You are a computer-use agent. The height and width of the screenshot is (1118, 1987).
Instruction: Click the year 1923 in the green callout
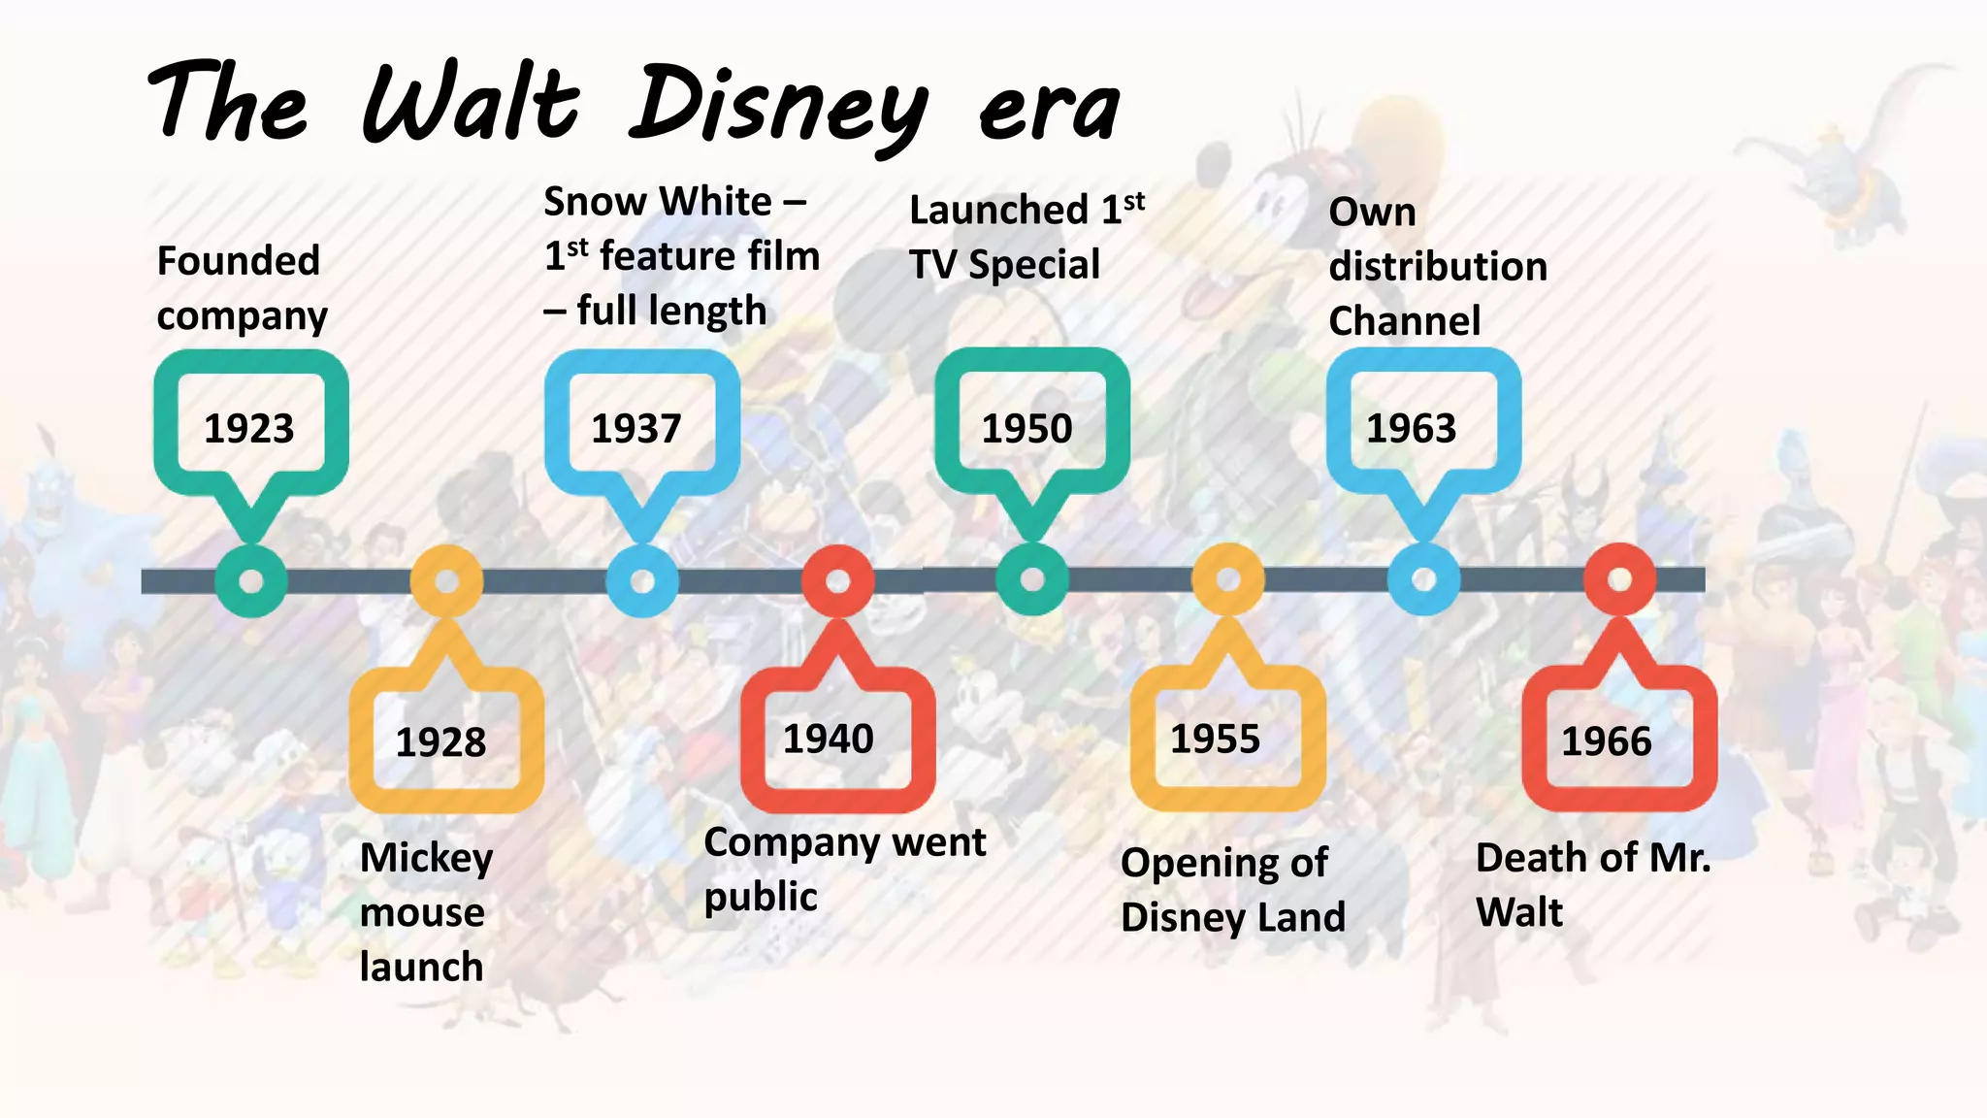coord(248,428)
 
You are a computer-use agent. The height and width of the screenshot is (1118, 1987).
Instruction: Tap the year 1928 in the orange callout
coord(440,742)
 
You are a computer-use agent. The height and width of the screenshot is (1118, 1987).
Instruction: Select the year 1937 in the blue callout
coord(636,428)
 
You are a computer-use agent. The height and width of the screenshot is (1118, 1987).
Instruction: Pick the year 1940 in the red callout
coord(828,739)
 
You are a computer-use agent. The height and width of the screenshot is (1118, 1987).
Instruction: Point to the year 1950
coord(1026,428)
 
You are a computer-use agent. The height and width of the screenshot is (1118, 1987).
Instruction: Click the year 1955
coord(1215,739)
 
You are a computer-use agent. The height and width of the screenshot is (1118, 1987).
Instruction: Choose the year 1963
coord(1411,428)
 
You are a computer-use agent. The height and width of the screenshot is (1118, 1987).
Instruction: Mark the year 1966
coord(1606,741)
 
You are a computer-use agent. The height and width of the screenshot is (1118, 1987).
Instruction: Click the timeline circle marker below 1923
coord(251,581)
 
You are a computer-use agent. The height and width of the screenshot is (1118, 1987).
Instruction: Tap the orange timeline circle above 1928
coord(446,580)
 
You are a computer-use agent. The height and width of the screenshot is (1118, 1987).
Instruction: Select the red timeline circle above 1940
coord(838,580)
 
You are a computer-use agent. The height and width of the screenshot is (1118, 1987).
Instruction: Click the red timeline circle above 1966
coord(1619,579)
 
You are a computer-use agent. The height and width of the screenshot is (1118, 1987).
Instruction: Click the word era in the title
coord(1050,110)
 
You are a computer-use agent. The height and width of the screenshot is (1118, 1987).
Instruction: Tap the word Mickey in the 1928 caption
coord(426,858)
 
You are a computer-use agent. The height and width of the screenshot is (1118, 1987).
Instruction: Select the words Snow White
coord(658,202)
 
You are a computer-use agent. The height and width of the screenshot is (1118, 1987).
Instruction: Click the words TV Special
coord(1004,264)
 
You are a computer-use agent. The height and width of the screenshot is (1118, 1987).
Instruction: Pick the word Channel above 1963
coord(1404,320)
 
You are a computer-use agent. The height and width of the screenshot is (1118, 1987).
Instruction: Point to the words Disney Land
coord(1232,917)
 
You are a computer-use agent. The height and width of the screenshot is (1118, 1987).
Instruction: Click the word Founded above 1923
coord(238,260)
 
